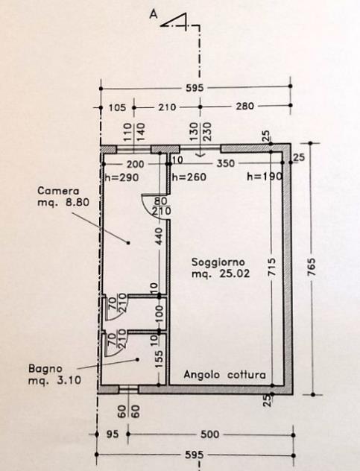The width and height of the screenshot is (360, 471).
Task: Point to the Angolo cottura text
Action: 225,375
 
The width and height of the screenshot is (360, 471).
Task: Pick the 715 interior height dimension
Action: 271,267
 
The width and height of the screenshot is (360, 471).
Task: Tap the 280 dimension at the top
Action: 244,106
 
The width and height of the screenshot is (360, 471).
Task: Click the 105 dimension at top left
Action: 117,107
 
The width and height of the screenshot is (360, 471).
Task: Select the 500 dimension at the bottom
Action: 209,434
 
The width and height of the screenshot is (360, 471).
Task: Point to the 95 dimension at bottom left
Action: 113,434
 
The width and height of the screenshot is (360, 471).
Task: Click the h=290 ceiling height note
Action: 121,177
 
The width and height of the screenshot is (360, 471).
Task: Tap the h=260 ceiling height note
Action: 189,177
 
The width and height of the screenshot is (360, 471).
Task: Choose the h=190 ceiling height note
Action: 265,177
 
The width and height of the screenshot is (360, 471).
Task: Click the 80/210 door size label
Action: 162,206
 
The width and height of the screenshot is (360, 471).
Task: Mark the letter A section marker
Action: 154,14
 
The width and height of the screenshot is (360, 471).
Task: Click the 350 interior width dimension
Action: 226,163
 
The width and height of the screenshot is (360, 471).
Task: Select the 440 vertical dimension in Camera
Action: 160,236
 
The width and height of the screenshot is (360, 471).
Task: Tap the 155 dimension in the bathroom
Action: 160,359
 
